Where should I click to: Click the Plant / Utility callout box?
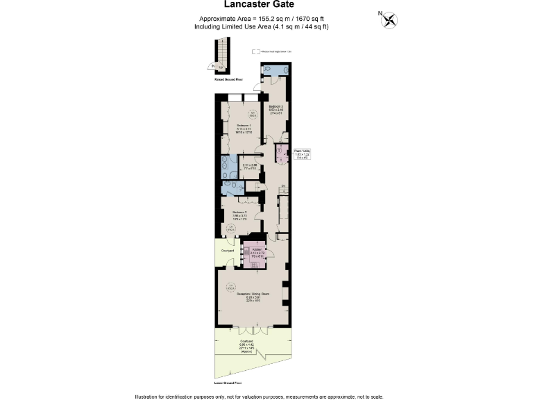pos(302,155)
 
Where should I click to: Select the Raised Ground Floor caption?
pos(228,79)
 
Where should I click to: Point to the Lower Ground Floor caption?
pos(228,383)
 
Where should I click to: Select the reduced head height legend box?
pos(255,51)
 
